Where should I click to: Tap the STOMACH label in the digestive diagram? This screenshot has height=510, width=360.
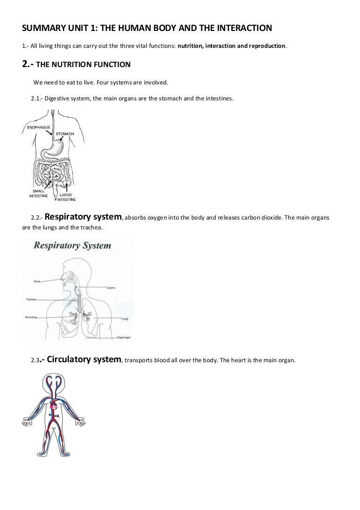coord(65,134)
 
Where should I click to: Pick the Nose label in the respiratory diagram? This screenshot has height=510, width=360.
coord(37,281)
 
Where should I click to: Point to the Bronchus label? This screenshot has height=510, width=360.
coord(31,317)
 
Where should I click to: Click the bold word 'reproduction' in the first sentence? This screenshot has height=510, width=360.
coord(263,46)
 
